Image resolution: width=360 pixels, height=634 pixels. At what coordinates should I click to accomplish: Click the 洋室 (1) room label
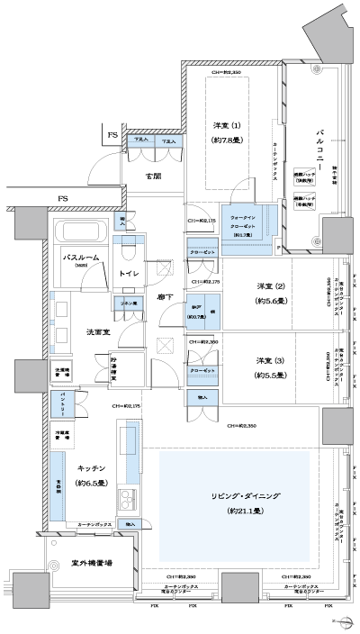[226, 124]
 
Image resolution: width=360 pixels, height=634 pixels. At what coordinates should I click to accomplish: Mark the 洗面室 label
[85, 331]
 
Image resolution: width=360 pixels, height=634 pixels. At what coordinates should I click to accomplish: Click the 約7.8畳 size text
[226, 140]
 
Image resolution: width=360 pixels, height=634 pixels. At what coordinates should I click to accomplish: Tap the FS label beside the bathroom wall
[62, 198]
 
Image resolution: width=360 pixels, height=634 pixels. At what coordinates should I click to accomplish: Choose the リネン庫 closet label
[127, 304]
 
